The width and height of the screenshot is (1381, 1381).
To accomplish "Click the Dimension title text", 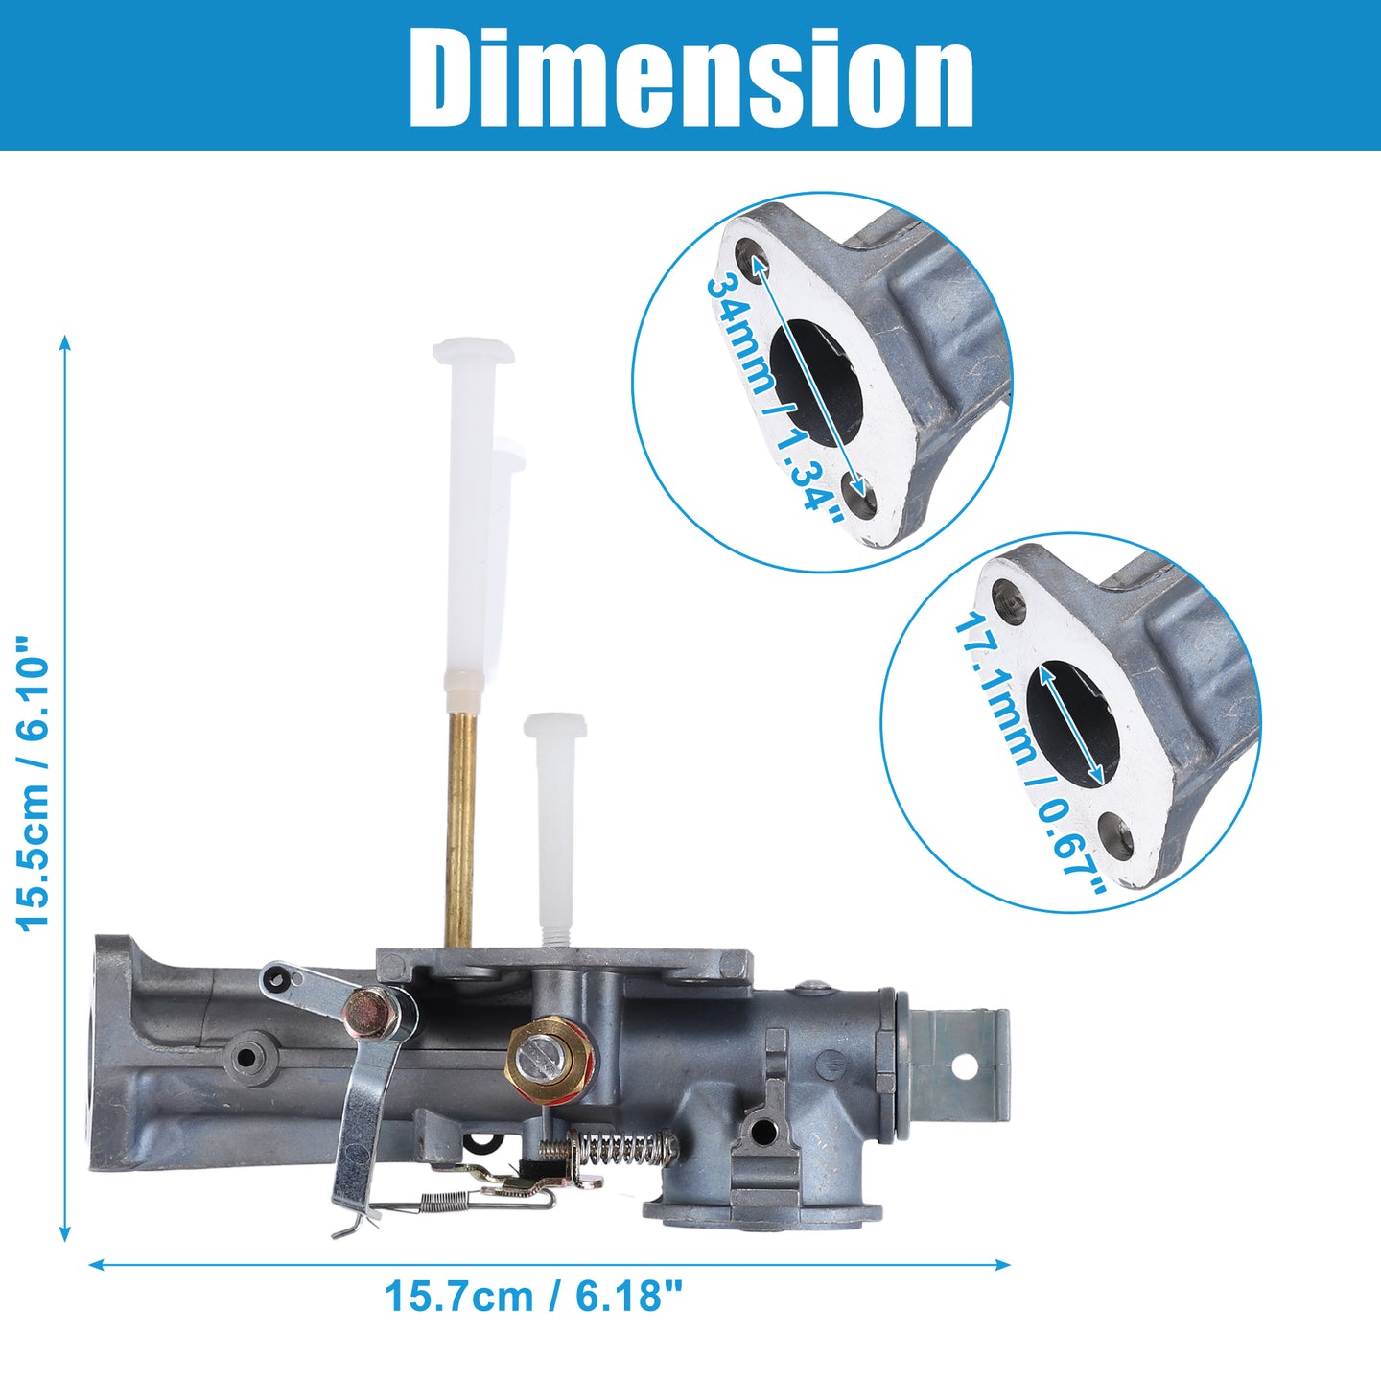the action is (690, 77).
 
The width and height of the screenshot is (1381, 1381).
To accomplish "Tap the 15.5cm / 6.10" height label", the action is (34, 784).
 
